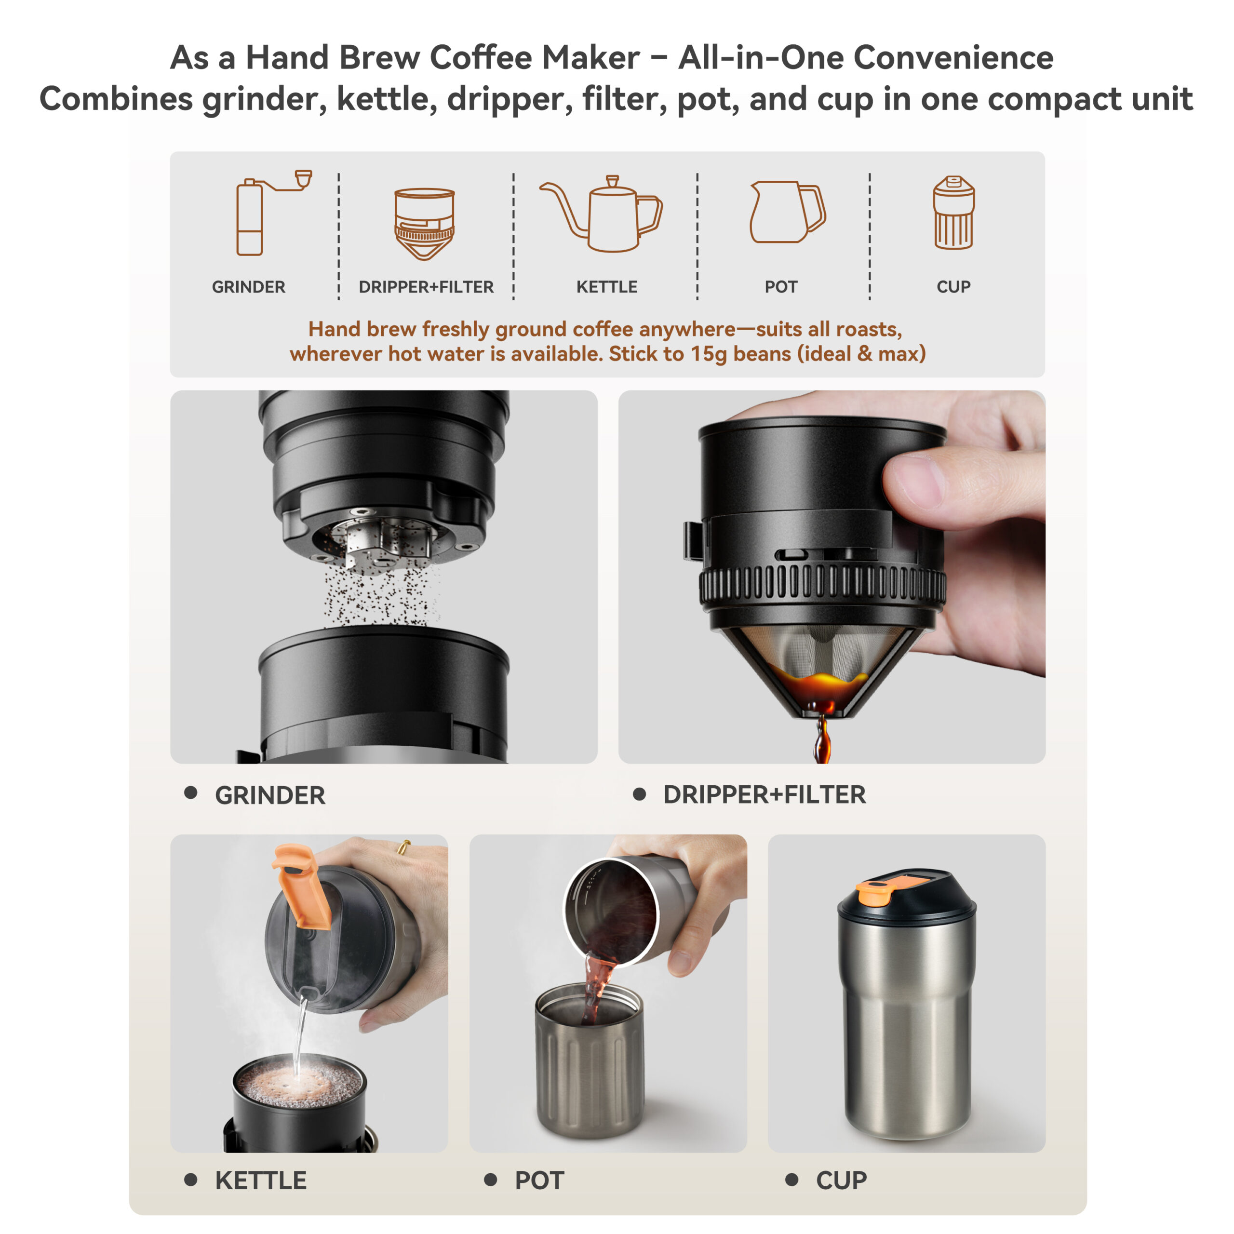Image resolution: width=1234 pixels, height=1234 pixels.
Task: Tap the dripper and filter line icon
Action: [x=425, y=224]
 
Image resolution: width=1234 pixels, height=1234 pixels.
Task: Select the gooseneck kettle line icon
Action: [x=601, y=214]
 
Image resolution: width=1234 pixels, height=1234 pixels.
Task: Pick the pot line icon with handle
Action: [x=787, y=212]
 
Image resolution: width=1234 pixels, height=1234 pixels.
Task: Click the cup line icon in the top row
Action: [x=953, y=212]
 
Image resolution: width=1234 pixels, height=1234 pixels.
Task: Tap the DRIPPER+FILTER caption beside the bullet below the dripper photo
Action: [x=765, y=794]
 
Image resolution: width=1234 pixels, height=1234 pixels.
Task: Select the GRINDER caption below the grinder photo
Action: [x=270, y=795]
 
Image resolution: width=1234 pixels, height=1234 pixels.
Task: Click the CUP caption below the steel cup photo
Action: [x=841, y=1180]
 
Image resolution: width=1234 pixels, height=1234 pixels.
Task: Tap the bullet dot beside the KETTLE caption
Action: [x=190, y=1179]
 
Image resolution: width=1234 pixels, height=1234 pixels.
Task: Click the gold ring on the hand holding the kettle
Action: [x=403, y=847]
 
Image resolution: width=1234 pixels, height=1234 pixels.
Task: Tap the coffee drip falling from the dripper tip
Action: [x=822, y=739]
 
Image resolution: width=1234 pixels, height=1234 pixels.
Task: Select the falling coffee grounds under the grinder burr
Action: [x=382, y=594]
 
